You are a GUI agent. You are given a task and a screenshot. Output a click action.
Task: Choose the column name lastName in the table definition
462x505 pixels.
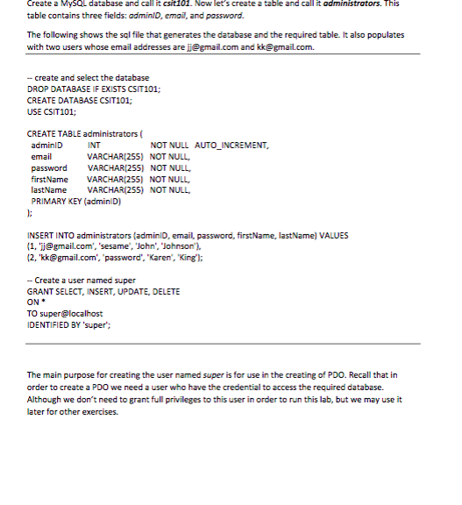coord(49,188)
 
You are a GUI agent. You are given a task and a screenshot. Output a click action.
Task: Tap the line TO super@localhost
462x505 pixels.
coord(65,313)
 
